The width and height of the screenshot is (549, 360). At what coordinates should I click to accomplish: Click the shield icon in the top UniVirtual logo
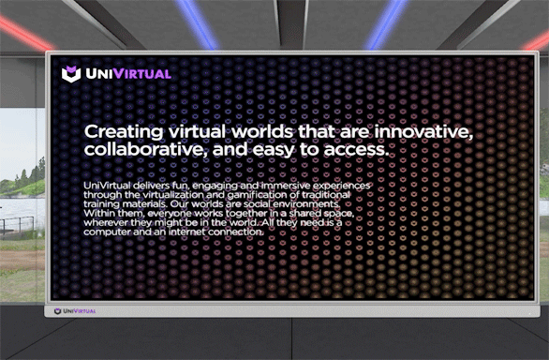point(70,74)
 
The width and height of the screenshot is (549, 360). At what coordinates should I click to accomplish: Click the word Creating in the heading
point(119,130)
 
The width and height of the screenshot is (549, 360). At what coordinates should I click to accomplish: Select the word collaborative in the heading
point(144,149)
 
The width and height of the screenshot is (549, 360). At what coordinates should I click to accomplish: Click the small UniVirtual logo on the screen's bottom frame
point(75,309)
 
